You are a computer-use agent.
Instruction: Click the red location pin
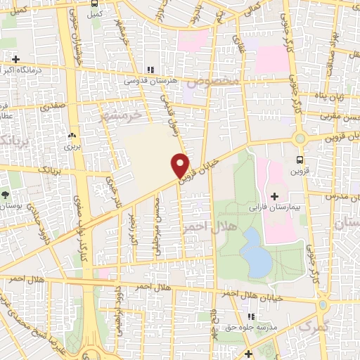[x=181, y=165]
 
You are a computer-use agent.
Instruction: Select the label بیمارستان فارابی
[x=275, y=209]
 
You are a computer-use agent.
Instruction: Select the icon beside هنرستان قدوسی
[x=148, y=70]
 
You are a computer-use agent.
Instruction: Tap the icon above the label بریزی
[x=72, y=134]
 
